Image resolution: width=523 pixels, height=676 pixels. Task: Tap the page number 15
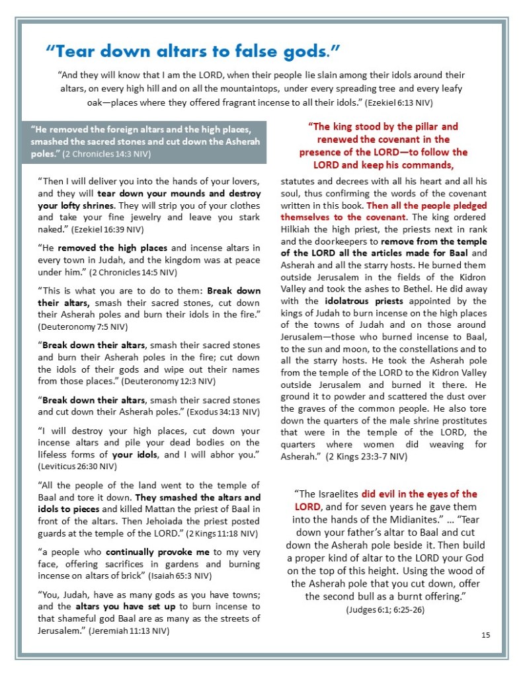486,635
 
